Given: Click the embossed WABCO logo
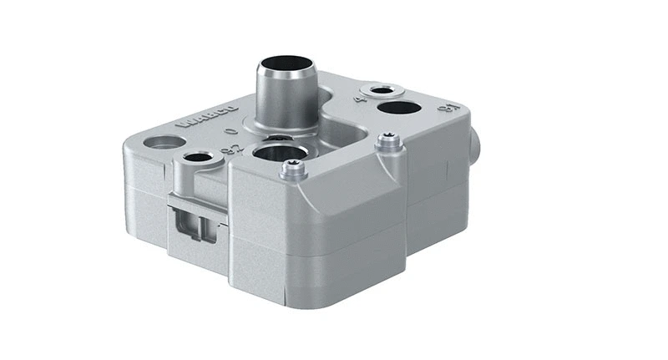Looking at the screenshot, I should (x=208, y=116).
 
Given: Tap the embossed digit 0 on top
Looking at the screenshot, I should (x=232, y=132).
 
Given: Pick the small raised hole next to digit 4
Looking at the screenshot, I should (x=382, y=89).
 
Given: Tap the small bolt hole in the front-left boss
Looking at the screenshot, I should (x=197, y=157).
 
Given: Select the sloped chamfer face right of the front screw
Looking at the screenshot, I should (x=351, y=188).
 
